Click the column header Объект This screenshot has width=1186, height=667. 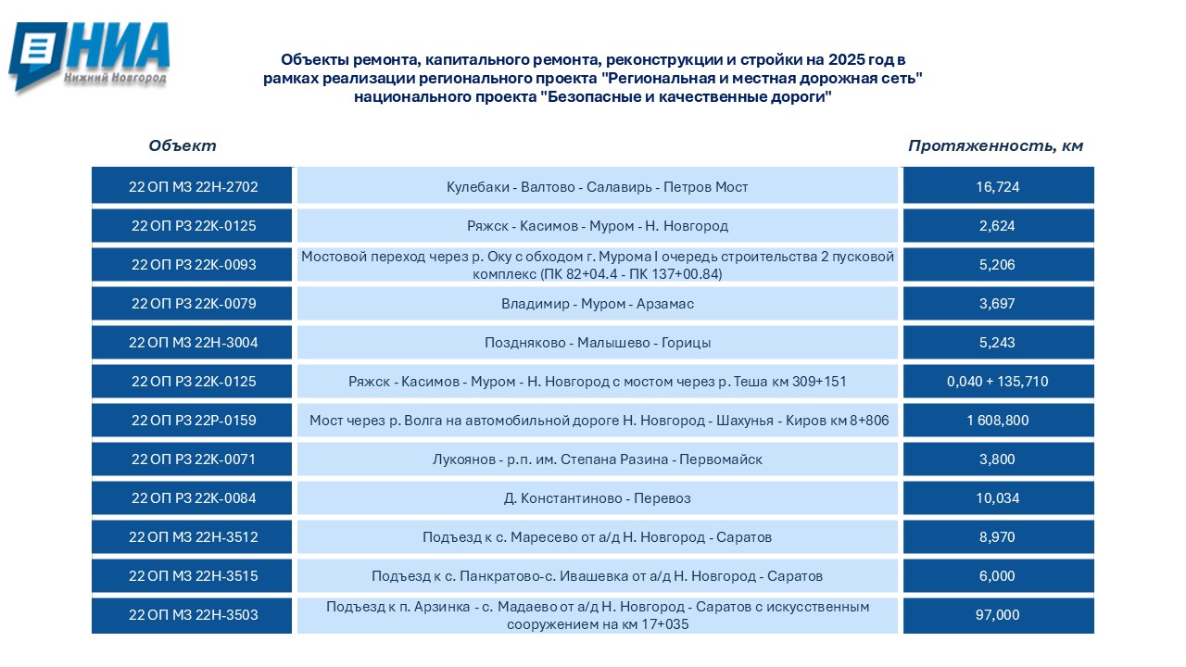click(183, 146)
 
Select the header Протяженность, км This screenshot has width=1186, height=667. click(995, 146)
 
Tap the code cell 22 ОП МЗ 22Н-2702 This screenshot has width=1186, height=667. click(193, 187)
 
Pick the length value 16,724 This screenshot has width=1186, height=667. click(997, 187)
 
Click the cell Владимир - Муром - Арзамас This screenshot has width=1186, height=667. click(598, 304)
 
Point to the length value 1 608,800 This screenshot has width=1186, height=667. click(997, 421)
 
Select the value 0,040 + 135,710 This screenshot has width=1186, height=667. click(997, 382)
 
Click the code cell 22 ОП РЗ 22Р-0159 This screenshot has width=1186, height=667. click(193, 421)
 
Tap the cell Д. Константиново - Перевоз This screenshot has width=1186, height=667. click(598, 498)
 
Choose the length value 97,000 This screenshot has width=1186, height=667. click(997, 615)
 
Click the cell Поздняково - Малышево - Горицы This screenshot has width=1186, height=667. click(598, 343)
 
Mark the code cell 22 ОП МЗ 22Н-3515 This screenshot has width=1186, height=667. click(193, 576)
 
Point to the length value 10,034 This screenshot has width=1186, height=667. click(997, 498)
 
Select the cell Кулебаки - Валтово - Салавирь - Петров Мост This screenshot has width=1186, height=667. click(598, 187)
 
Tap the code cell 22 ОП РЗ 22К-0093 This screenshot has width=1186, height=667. click(193, 265)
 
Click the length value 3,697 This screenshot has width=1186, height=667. click(997, 304)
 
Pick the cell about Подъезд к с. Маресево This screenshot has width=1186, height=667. click(598, 537)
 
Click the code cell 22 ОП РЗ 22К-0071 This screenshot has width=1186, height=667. click(193, 459)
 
